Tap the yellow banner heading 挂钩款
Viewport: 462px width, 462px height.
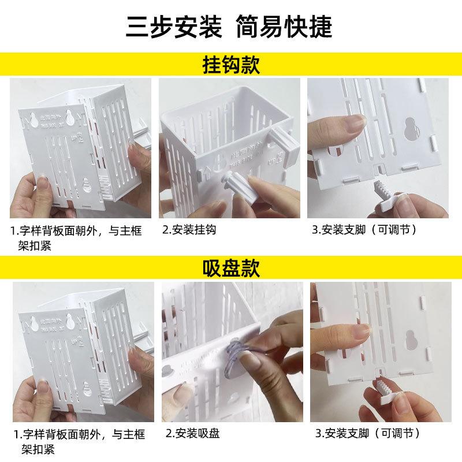pos(231,64)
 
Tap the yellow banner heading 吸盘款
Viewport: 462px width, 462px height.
pos(231,268)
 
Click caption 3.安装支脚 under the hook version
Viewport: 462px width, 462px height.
pos(364,230)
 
